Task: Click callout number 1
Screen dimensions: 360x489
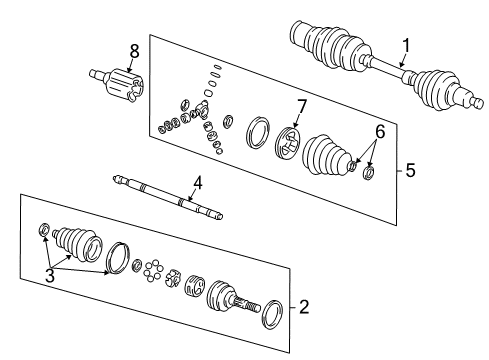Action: tap(406, 45)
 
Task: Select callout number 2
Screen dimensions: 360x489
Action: tap(303, 307)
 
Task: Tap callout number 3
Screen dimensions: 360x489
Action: tap(50, 275)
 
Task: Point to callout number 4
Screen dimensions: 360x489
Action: tap(198, 183)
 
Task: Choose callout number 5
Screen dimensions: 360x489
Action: tap(410, 171)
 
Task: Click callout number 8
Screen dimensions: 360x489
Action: tap(133, 50)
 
